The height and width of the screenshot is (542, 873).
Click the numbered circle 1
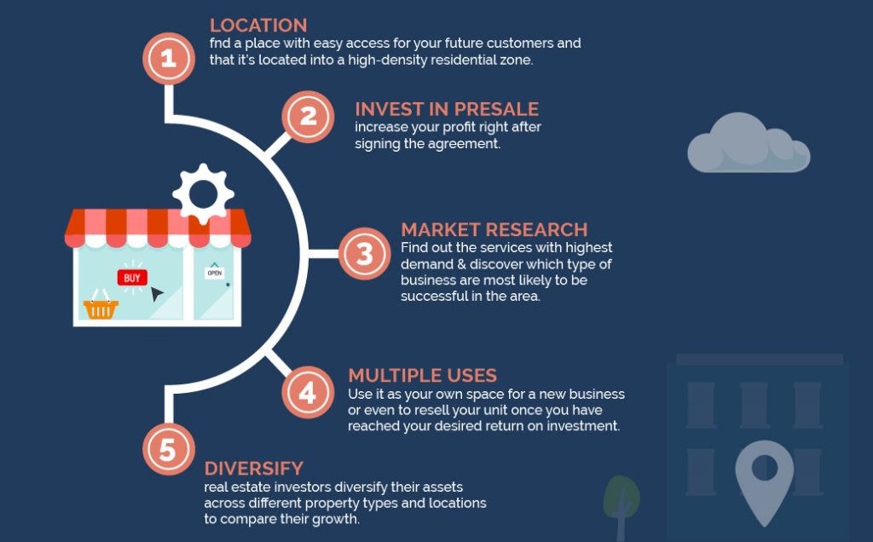[169, 59]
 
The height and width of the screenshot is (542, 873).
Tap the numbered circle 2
[308, 117]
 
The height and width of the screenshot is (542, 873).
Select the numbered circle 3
[365, 254]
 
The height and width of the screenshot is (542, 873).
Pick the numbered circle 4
[308, 392]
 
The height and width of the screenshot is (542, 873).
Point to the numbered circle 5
[169, 449]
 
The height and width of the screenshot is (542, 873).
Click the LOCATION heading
[258, 26]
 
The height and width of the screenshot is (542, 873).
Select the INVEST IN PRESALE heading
[447, 109]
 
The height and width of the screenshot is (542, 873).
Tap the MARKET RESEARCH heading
[494, 230]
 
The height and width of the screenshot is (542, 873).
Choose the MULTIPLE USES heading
[423, 376]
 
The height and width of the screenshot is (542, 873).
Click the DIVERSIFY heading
[254, 469]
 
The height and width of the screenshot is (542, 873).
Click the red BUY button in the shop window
[132, 278]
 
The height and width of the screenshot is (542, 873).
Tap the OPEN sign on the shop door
[214, 273]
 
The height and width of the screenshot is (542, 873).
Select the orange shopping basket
[101, 305]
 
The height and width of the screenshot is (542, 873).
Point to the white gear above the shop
[203, 194]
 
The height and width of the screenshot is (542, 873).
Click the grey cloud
[749, 142]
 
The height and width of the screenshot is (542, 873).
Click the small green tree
[622, 504]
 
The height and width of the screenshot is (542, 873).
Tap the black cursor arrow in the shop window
[157, 293]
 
